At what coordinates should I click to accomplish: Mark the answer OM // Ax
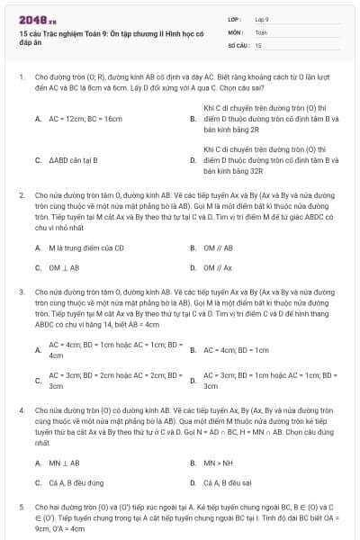tap(219, 267)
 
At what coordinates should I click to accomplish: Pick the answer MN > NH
tap(218, 463)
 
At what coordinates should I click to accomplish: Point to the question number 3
tap(22, 292)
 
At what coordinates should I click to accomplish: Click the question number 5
tap(22, 508)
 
